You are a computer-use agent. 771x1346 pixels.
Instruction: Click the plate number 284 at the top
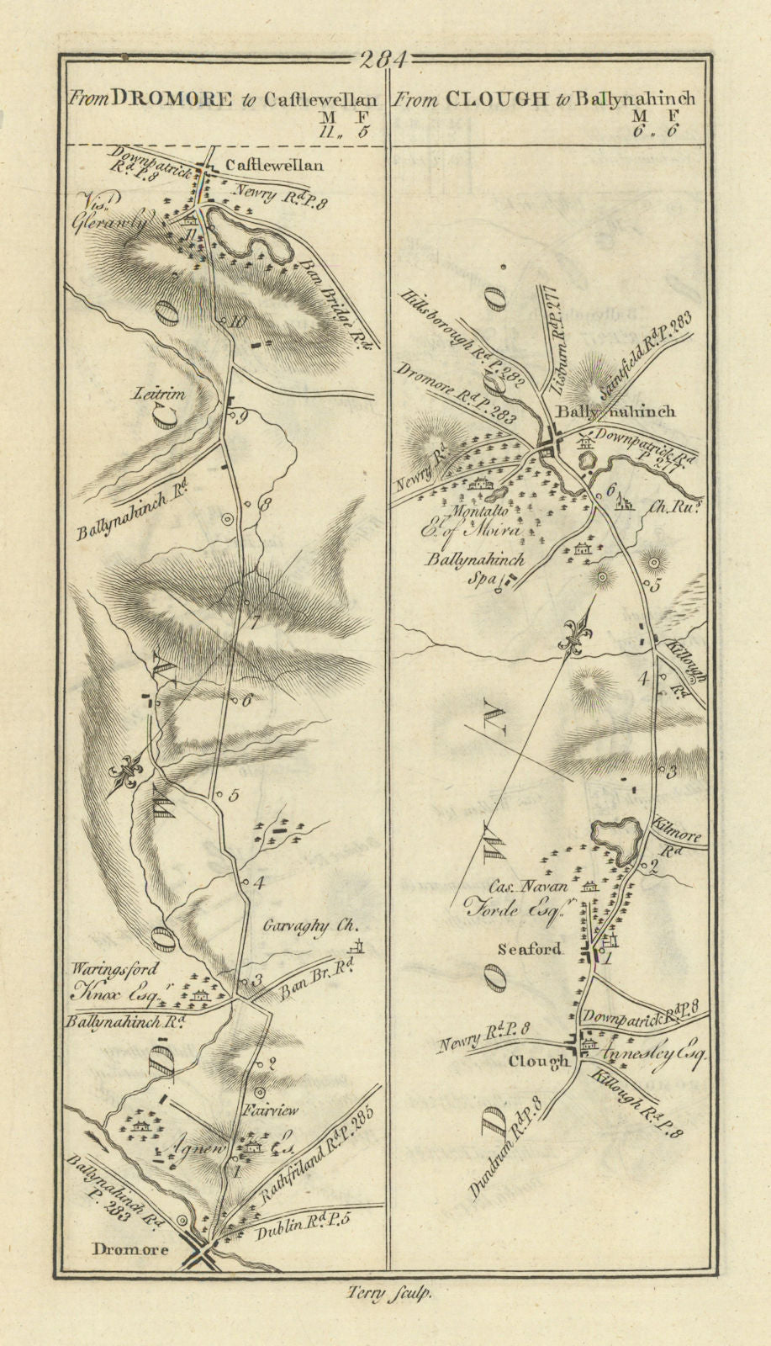[x=382, y=60]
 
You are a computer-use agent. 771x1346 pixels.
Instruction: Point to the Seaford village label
[x=528, y=950]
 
